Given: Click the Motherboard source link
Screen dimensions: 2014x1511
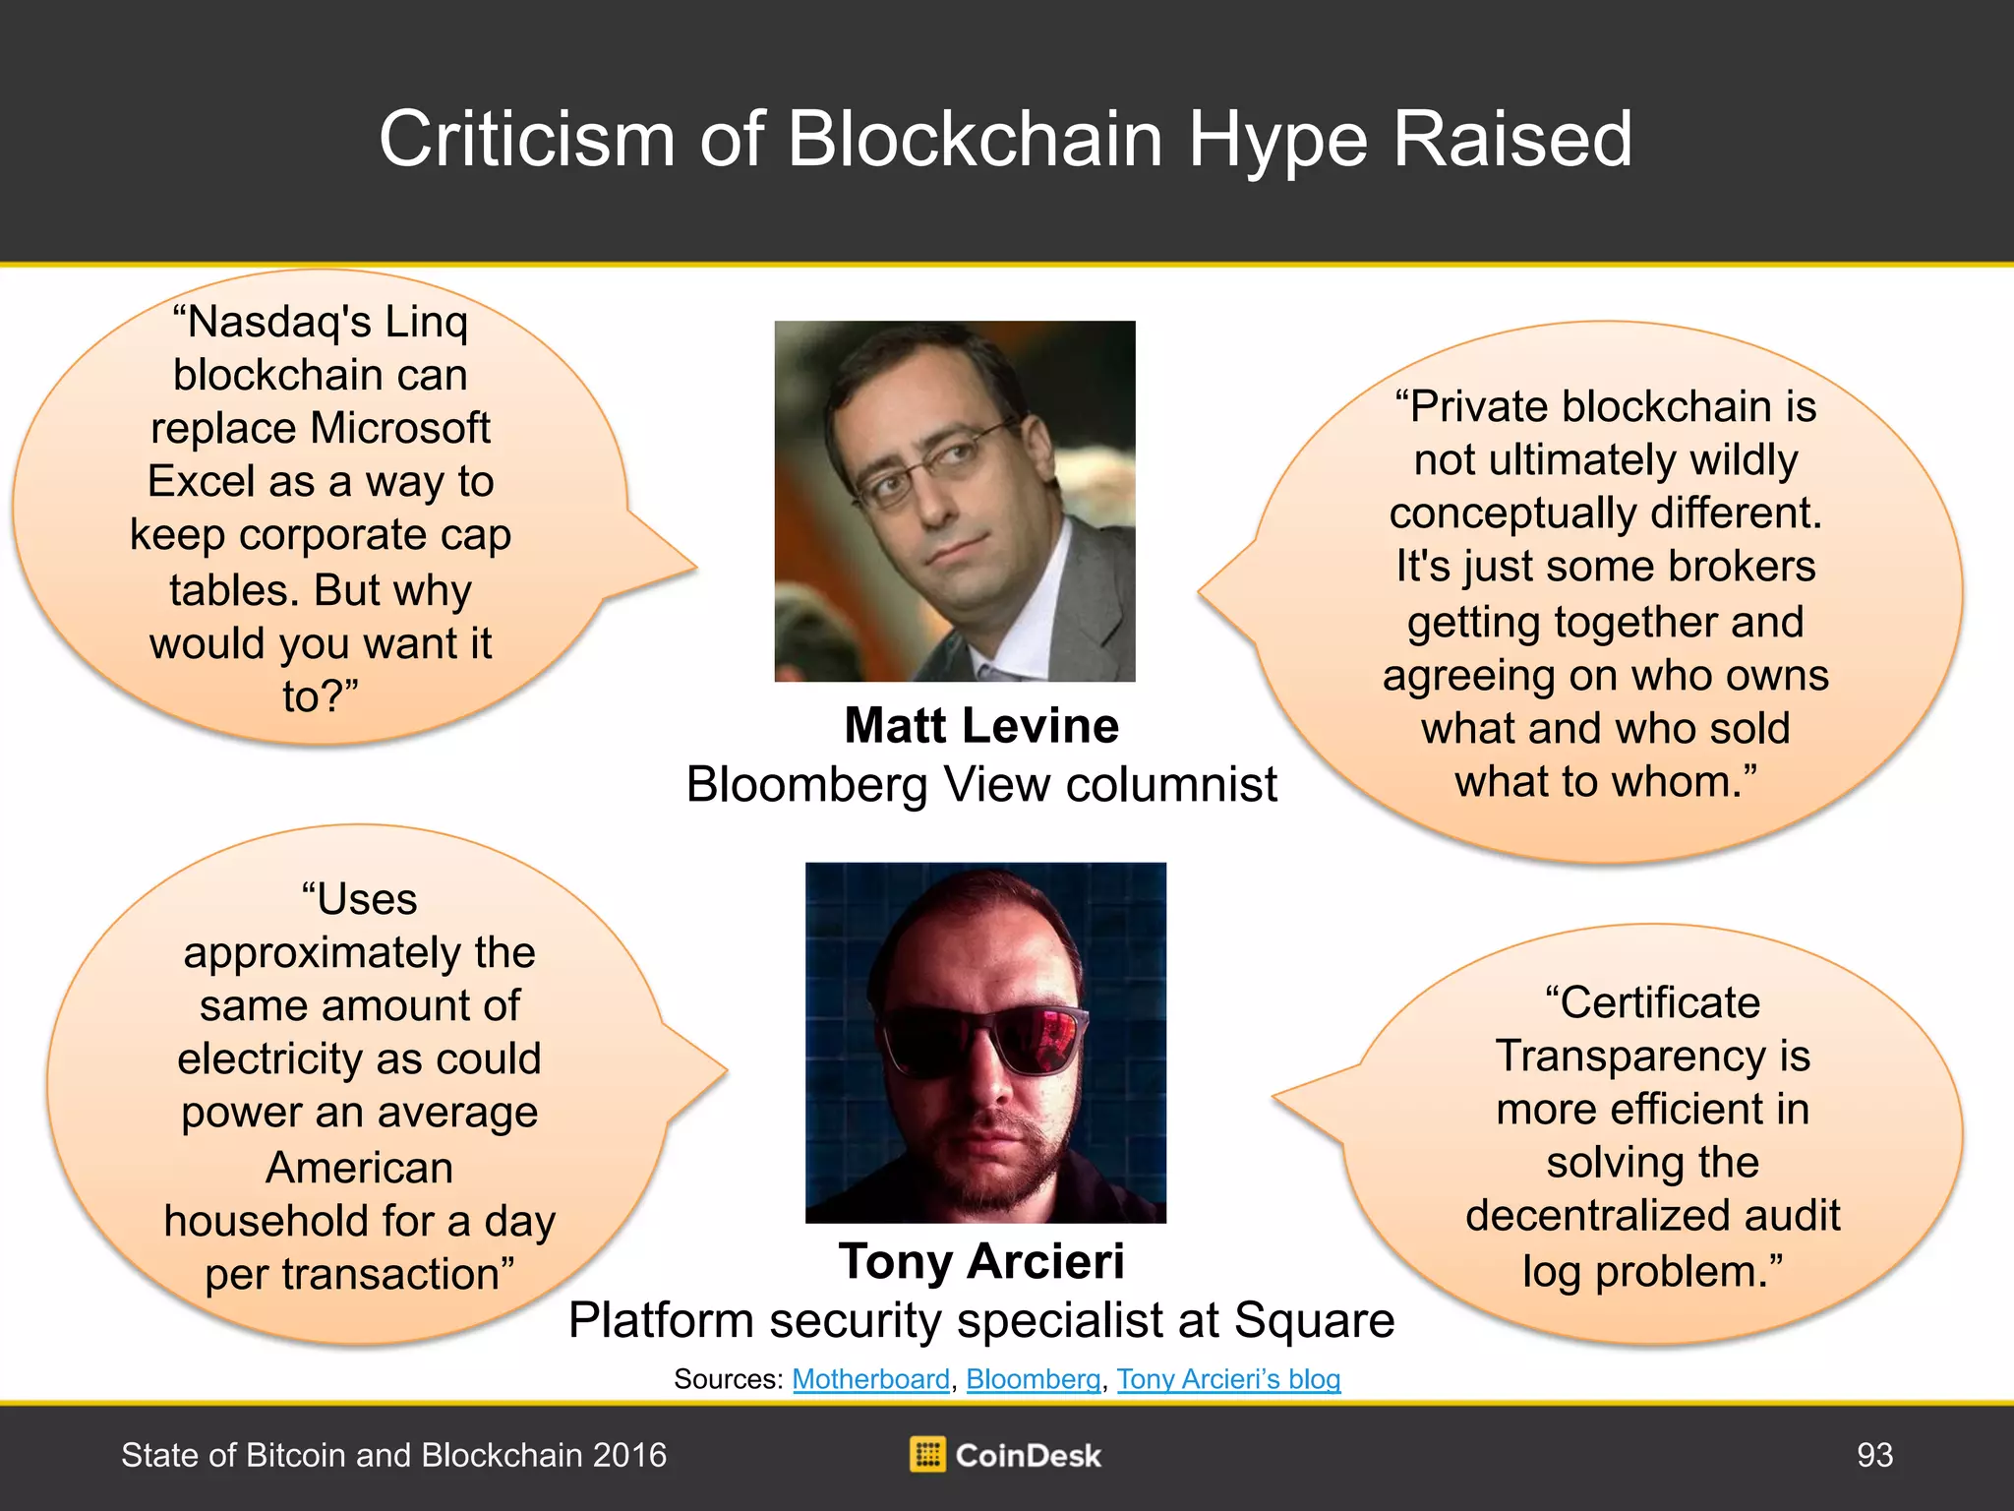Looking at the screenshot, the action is (871, 1379).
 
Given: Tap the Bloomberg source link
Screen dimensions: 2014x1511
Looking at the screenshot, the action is (1034, 1379).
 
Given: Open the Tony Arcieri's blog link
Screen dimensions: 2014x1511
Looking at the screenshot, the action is (1228, 1379).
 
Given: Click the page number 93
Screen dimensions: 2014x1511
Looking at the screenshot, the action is (1874, 1455).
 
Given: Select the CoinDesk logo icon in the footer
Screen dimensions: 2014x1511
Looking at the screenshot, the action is (927, 1455).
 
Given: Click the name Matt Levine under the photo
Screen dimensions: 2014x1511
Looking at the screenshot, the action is (981, 726).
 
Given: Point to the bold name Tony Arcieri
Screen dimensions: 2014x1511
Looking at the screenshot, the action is (981, 1261).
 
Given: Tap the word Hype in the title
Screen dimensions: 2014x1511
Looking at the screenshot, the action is (1277, 141).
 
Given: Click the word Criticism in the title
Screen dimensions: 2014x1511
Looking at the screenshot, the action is (527, 140).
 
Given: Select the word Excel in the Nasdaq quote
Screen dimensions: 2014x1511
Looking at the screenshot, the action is (202, 482).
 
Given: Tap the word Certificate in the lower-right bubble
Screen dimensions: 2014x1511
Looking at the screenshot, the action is (1652, 1002).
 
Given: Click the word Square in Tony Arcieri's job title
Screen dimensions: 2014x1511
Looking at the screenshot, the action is (1315, 1321).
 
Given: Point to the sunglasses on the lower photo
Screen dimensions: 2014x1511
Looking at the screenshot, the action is (981, 1041).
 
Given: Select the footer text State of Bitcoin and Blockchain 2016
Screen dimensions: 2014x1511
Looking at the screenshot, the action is (393, 1455).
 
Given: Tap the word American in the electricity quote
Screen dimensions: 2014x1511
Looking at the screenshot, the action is (360, 1168).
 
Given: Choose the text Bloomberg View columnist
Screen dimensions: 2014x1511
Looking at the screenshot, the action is (981, 785).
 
